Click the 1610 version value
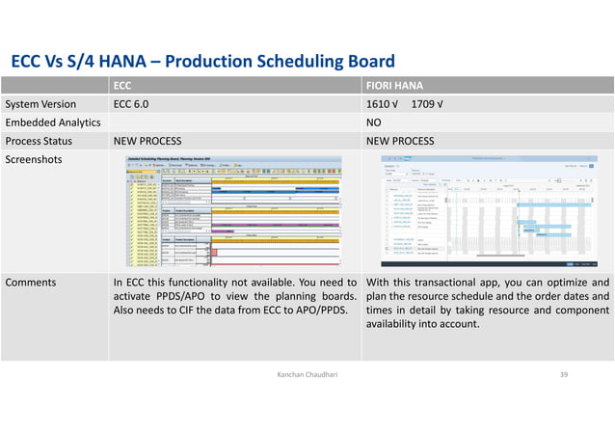click(x=384, y=104)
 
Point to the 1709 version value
click(x=428, y=104)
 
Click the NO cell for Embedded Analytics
click(x=377, y=122)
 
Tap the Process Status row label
click(x=44, y=141)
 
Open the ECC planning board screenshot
click(x=235, y=211)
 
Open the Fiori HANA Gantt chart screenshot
click(x=489, y=211)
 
